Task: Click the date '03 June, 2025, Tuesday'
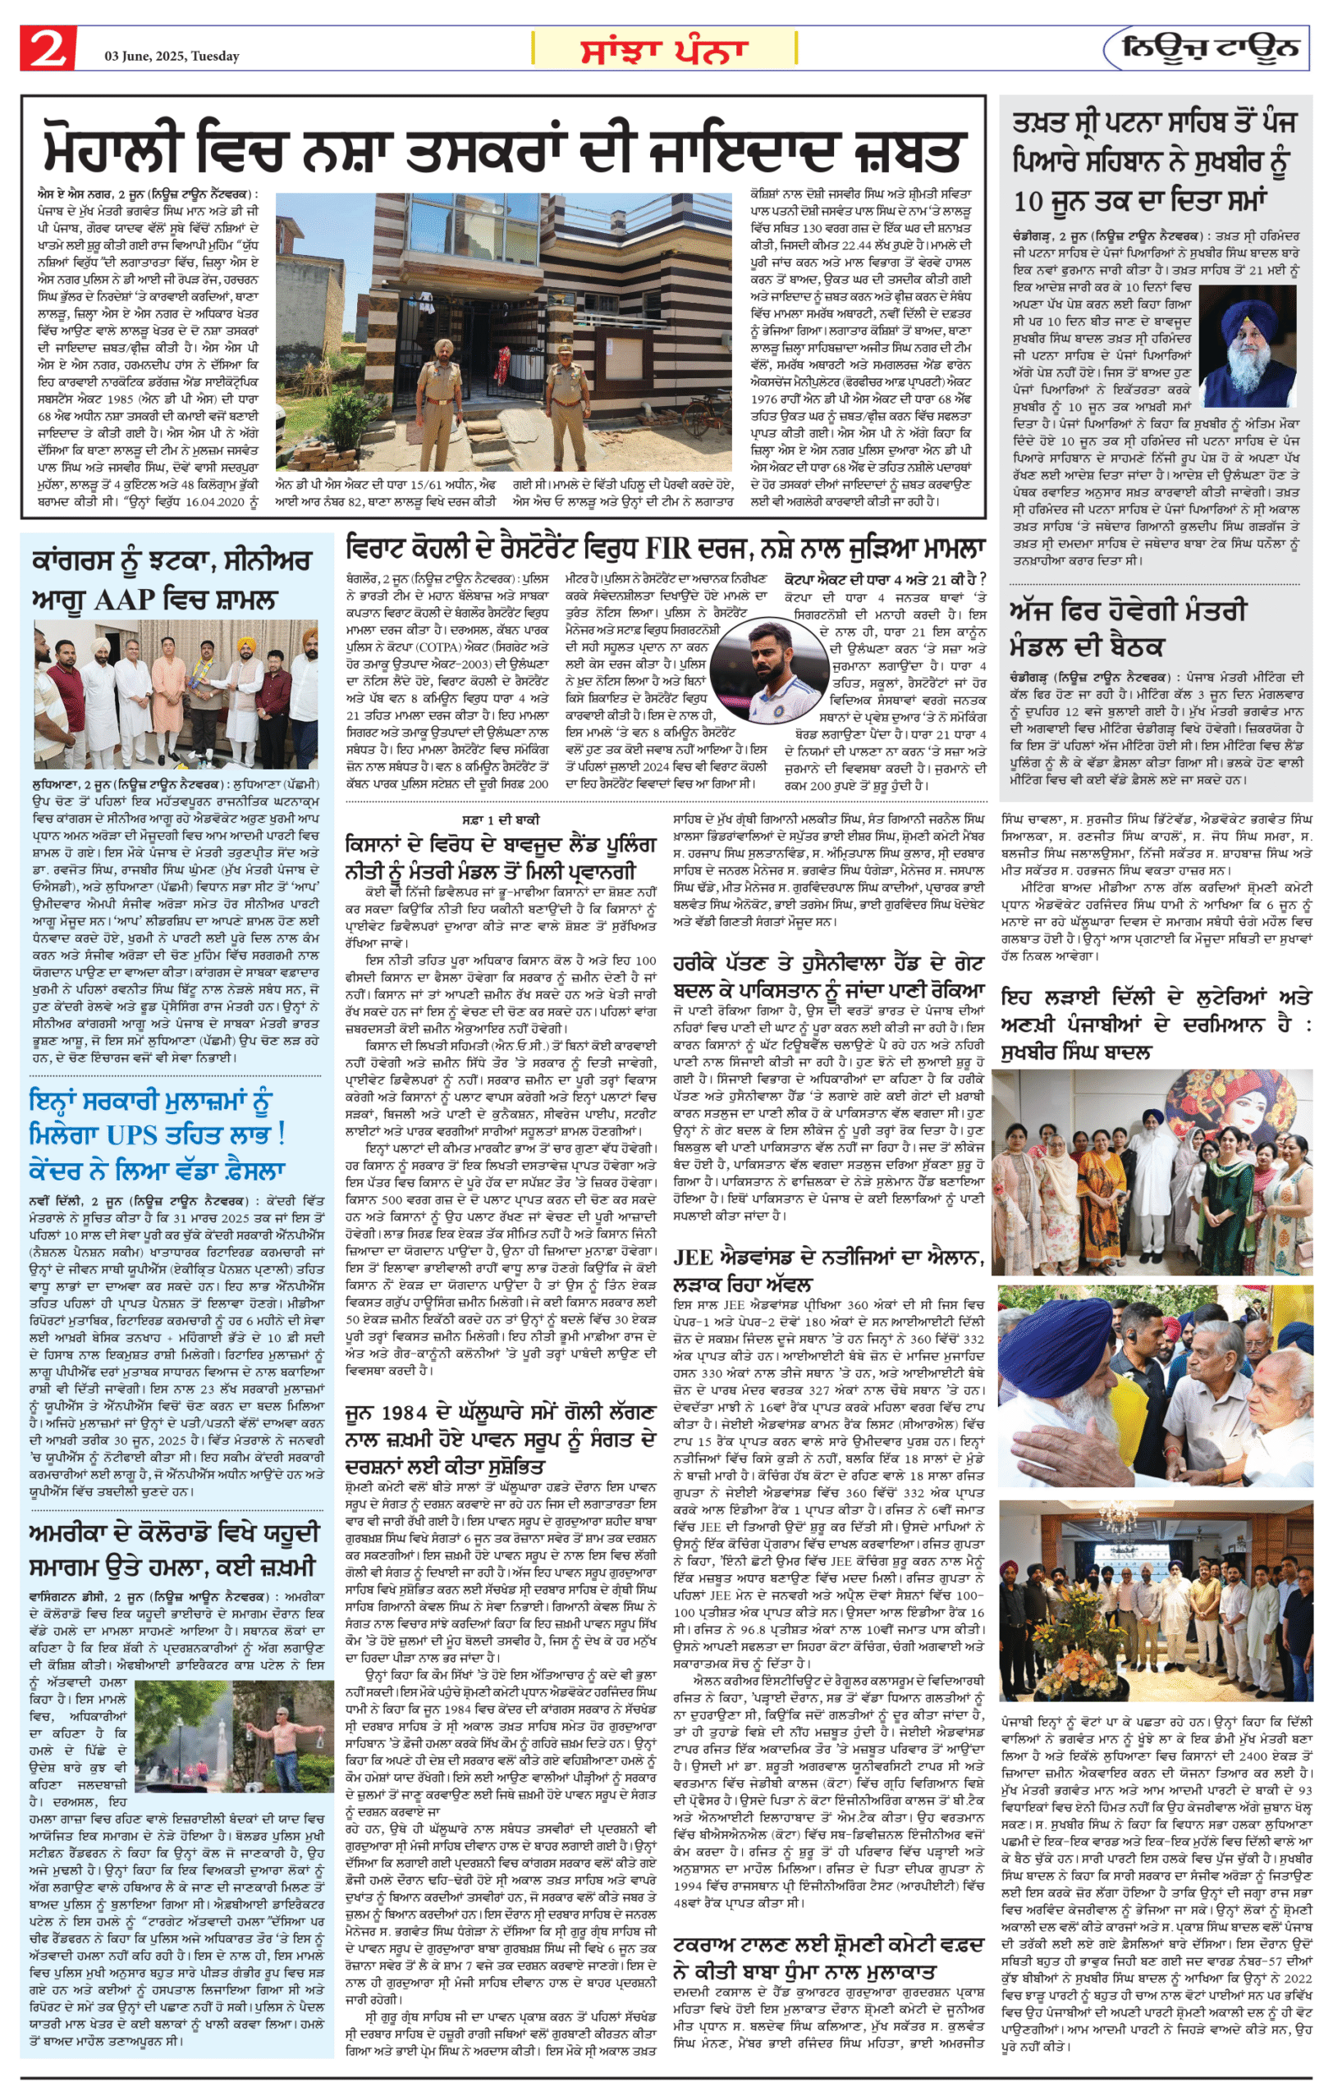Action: [x=172, y=57]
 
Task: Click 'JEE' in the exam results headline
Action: [x=694, y=1257]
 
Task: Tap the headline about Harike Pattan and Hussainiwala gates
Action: [x=828, y=977]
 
